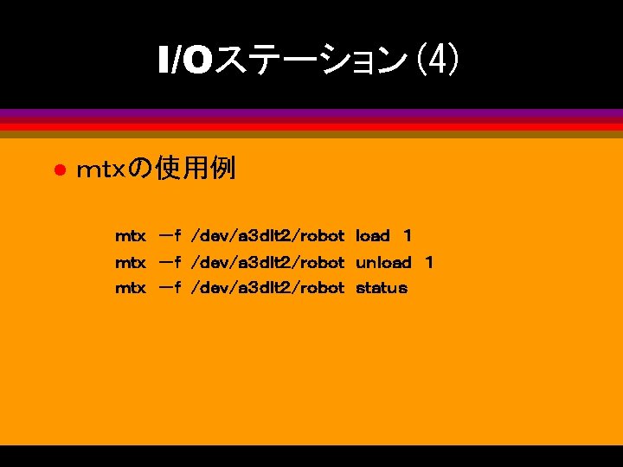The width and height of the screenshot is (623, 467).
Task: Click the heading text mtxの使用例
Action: [x=156, y=169]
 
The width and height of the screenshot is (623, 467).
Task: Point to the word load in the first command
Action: [x=373, y=235]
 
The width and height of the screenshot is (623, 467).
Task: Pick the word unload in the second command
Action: [x=383, y=262]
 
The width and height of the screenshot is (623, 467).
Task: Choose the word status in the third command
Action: [x=381, y=288]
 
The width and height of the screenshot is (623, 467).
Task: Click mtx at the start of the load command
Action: [x=131, y=235]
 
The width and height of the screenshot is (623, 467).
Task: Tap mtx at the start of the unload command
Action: [x=131, y=262]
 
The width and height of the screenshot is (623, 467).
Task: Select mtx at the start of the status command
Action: [x=131, y=288]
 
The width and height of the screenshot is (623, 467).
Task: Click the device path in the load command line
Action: [x=267, y=235]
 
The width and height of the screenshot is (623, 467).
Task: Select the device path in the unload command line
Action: [x=267, y=262]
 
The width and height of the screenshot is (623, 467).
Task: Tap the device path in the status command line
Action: [x=267, y=288]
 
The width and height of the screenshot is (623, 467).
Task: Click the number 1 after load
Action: [x=408, y=235]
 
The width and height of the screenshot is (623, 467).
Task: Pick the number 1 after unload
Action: [x=428, y=262]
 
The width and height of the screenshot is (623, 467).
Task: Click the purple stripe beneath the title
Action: [x=311, y=113]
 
